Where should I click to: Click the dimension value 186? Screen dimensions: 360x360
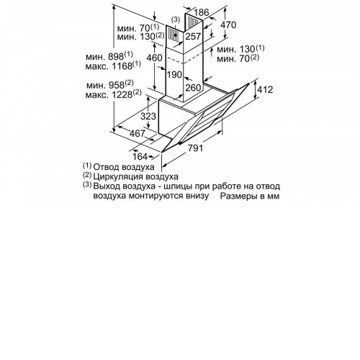tap(202, 12)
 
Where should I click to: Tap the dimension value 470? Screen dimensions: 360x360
tap(228, 24)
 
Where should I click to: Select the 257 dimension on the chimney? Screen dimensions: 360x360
tap(193, 36)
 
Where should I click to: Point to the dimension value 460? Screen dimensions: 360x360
tap(154, 58)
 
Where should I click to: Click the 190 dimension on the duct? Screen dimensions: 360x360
tap(174, 75)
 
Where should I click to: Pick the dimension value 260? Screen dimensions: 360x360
tap(193, 88)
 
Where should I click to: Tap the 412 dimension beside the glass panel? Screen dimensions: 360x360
tap(265, 89)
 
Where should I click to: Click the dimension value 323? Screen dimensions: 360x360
tap(148, 116)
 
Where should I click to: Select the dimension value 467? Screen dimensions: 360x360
tap(138, 133)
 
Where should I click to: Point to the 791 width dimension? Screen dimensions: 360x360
tap(195, 148)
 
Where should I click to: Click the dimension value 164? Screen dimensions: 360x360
tap(140, 156)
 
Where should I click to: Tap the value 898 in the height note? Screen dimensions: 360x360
tap(116, 57)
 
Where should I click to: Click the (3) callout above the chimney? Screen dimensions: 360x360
tap(176, 19)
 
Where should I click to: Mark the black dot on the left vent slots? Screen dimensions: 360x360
tap(176, 35)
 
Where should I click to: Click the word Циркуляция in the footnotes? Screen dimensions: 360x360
tap(118, 176)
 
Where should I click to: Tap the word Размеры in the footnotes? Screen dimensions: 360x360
tap(238, 196)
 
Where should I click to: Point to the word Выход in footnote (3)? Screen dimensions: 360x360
tap(107, 186)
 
